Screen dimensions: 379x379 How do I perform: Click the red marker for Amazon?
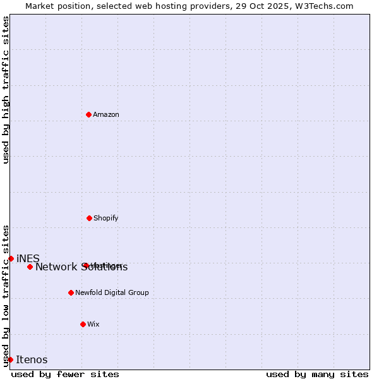[x=88, y=114]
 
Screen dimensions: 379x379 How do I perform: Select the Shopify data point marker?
[x=89, y=218]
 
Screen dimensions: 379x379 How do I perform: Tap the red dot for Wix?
[x=83, y=324]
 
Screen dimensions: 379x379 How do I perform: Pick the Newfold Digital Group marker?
[x=71, y=292]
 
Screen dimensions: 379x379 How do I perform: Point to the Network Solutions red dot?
[x=30, y=267]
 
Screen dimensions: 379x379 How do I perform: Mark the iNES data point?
[x=11, y=258]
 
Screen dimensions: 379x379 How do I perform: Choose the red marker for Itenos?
[x=10, y=359]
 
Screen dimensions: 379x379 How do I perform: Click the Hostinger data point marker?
[x=85, y=265]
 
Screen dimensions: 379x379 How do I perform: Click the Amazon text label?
[x=106, y=114]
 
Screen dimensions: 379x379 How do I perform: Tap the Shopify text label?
[x=106, y=218]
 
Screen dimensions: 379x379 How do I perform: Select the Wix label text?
[x=93, y=324]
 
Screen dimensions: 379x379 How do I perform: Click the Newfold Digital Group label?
[x=112, y=292]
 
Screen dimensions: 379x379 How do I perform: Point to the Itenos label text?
[x=32, y=359]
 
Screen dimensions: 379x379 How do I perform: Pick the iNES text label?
[x=28, y=258]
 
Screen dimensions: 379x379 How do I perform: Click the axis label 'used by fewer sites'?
[x=65, y=374]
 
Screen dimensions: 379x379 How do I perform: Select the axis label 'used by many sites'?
[x=317, y=374]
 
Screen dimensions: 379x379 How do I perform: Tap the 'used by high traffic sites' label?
[x=6, y=90]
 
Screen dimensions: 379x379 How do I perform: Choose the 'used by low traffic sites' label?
[x=6, y=295]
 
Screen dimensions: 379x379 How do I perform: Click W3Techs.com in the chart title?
[x=323, y=6]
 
